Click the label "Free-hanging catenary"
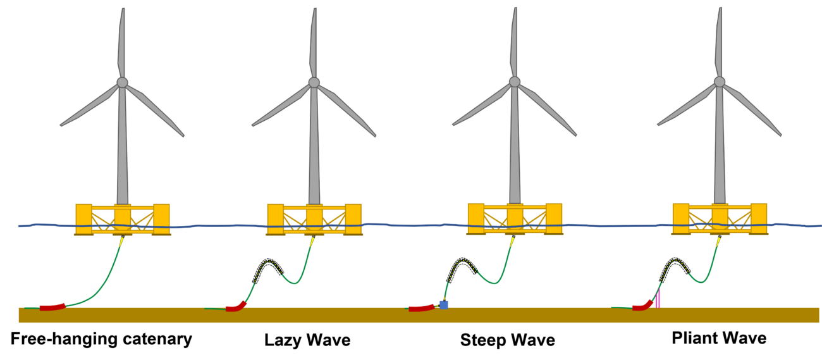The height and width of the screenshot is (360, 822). point(101,339)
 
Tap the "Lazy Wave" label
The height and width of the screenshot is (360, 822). point(307,340)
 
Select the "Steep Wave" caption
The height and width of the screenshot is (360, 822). point(508,340)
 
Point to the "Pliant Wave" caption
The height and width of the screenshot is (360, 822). point(719,338)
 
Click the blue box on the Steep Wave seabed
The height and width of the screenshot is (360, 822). point(443,305)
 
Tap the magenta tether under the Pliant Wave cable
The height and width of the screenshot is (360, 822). point(658,297)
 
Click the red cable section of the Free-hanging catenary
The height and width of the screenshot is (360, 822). point(52,307)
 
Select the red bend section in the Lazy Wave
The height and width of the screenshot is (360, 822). point(236,307)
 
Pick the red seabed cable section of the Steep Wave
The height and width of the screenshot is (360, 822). point(421,308)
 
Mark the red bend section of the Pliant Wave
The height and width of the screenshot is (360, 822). point(644,306)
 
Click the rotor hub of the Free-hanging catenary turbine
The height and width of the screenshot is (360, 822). point(122,82)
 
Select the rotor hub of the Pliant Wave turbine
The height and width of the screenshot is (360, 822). point(719,82)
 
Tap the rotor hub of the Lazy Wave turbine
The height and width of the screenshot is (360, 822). point(314,82)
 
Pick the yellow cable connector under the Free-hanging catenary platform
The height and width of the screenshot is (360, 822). point(121,241)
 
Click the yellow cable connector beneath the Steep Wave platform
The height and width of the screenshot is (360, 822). point(512,241)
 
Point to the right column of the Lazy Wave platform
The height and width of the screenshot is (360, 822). point(353,219)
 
